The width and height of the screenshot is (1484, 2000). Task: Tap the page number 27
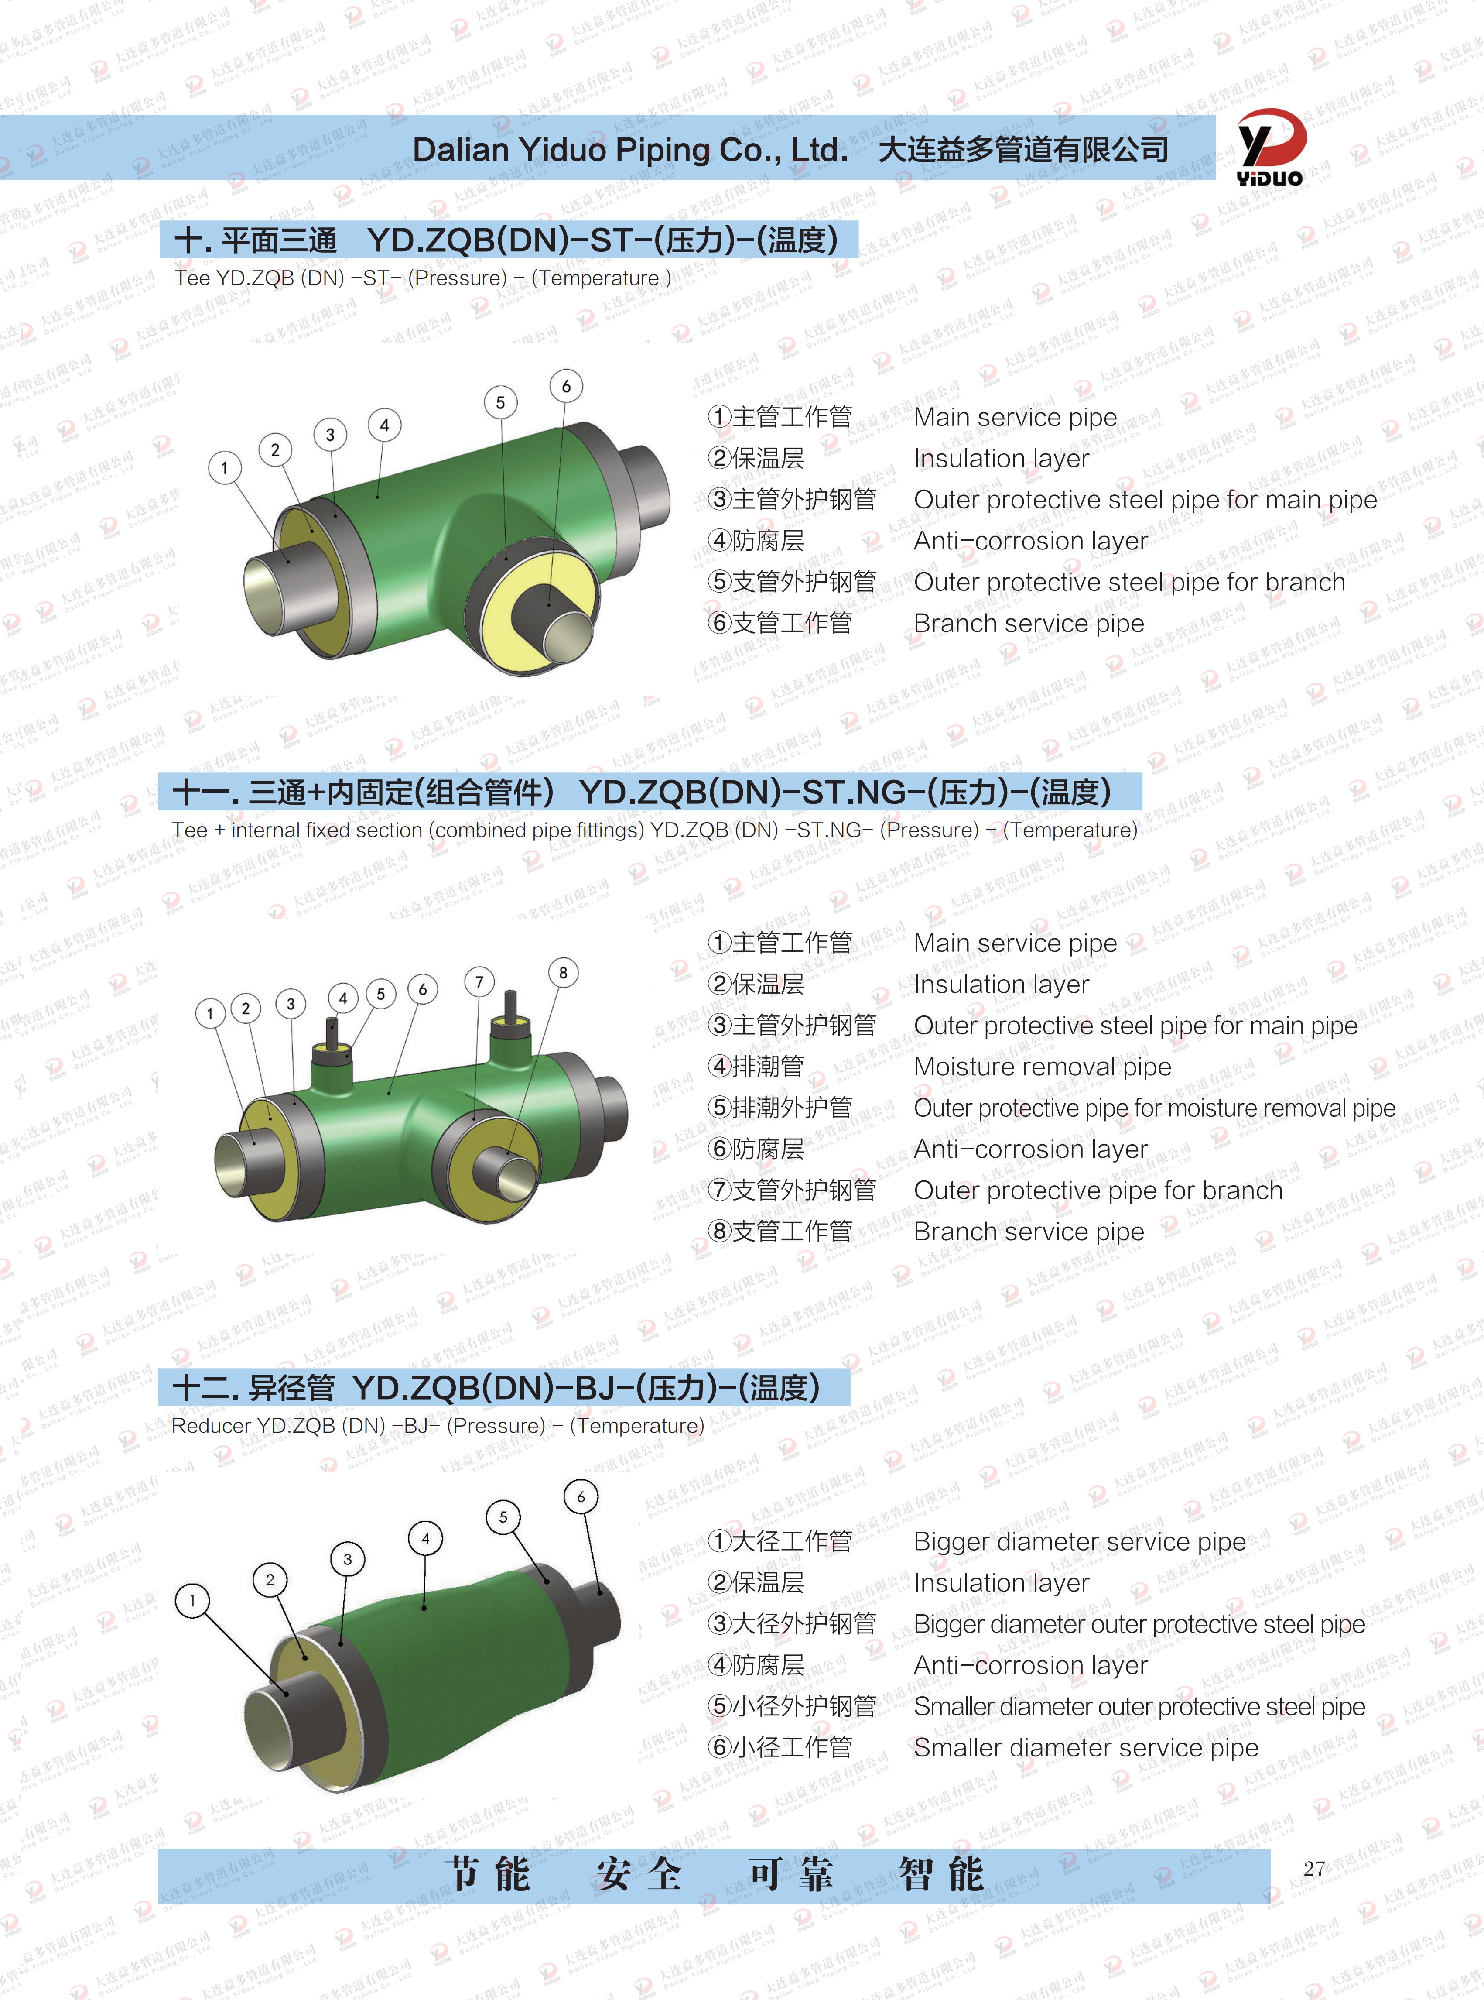point(1314,1869)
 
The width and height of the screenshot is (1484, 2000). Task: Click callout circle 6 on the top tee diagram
point(566,386)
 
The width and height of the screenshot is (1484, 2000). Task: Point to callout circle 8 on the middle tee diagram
point(563,973)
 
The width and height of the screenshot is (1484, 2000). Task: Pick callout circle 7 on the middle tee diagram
point(480,982)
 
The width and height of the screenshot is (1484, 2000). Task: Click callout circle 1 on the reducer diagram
point(192,1600)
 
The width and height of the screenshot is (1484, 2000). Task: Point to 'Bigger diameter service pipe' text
point(1080,1542)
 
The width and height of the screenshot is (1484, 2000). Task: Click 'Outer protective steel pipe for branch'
point(1129,582)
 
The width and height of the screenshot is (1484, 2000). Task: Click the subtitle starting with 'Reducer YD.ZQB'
point(438,1426)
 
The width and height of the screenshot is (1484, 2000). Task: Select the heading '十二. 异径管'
point(253,1388)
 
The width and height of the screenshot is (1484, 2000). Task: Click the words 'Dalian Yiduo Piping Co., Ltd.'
point(630,149)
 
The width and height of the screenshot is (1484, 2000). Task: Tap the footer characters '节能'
point(488,1874)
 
